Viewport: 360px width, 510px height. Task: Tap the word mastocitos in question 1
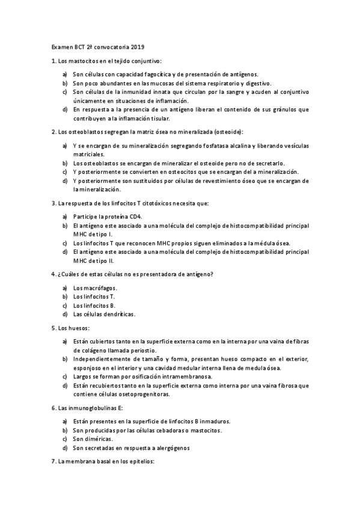pos(77,61)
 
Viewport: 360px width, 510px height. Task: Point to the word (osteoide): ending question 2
pos(224,132)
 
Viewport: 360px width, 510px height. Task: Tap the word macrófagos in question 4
pos(100,288)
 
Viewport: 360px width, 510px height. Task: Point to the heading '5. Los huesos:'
pos(70,328)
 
